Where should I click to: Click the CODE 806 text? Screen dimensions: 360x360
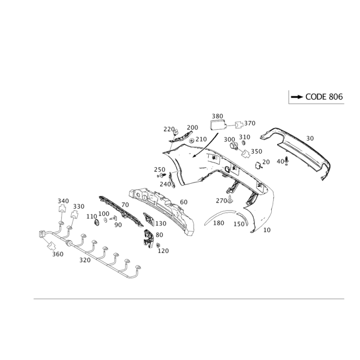click(324, 97)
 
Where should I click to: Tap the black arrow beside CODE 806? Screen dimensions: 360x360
click(297, 97)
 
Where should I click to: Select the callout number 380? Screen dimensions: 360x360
click(217, 116)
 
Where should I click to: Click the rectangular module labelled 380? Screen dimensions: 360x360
click(218, 125)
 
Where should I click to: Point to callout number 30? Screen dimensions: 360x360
click(310, 139)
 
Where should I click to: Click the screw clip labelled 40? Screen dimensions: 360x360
click(287, 161)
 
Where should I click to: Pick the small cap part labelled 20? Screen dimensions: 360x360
click(257, 166)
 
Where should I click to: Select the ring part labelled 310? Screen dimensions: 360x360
click(244, 143)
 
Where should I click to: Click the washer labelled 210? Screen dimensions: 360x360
click(191, 140)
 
